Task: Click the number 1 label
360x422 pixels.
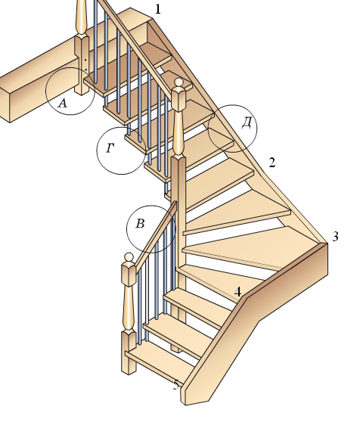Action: pyautogui.click(x=158, y=9)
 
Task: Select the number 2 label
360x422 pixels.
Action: pyautogui.click(x=272, y=163)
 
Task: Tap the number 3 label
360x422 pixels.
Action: pyautogui.click(x=335, y=236)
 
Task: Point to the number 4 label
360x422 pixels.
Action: pyautogui.click(x=237, y=292)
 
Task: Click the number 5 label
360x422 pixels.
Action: pyautogui.click(x=176, y=385)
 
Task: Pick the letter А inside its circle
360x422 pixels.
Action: pyautogui.click(x=63, y=103)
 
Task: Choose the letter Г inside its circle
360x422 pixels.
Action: pyautogui.click(x=110, y=147)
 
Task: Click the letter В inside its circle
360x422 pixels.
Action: pyautogui.click(x=140, y=223)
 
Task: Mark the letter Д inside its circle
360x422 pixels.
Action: pyautogui.click(x=247, y=123)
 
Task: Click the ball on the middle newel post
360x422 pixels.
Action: pyautogui.click(x=178, y=82)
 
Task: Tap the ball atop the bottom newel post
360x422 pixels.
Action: pyautogui.click(x=129, y=256)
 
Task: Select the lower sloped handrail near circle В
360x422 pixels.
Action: pyautogui.click(x=156, y=237)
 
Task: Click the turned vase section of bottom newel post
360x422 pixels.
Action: pyautogui.click(x=129, y=309)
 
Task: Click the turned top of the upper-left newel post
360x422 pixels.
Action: pyautogui.click(x=82, y=17)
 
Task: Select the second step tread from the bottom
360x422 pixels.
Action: pyautogui.click(x=178, y=335)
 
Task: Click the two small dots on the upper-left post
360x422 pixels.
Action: pyautogui.click(x=85, y=65)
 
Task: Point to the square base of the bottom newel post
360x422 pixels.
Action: pyautogui.click(x=129, y=352)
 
